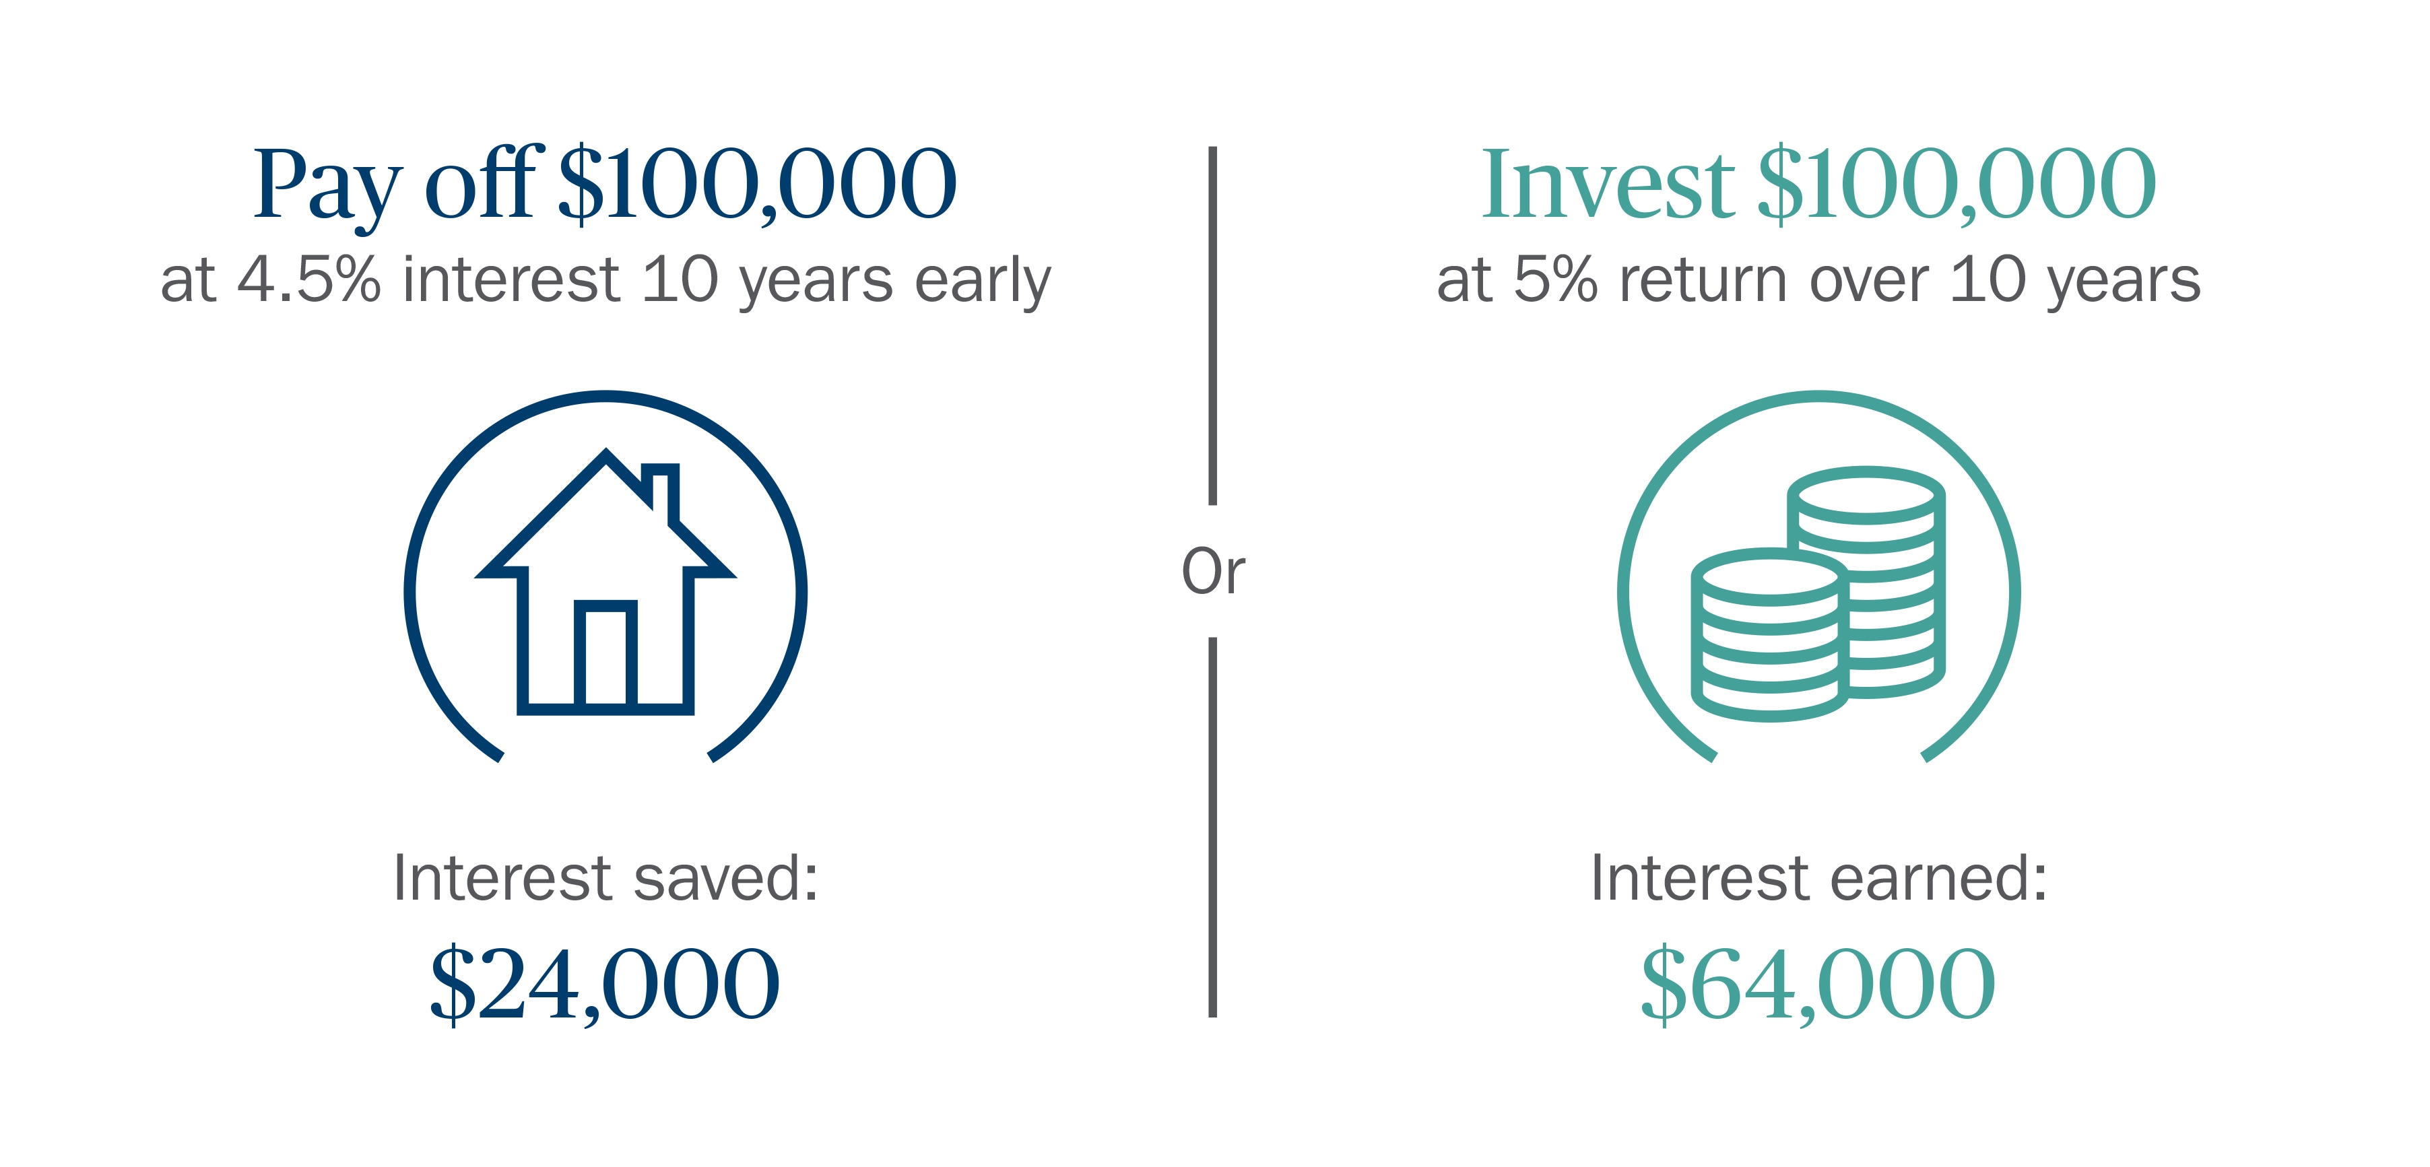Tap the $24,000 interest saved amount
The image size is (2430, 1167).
605,984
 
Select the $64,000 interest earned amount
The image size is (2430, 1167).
1818,984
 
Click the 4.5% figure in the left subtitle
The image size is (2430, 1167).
309,279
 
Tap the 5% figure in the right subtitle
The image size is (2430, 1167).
1556,279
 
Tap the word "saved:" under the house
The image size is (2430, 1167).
725,877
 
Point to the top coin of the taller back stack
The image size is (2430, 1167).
1866,494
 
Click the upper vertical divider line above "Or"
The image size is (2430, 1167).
1213,325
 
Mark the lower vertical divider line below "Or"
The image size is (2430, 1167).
1213,828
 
